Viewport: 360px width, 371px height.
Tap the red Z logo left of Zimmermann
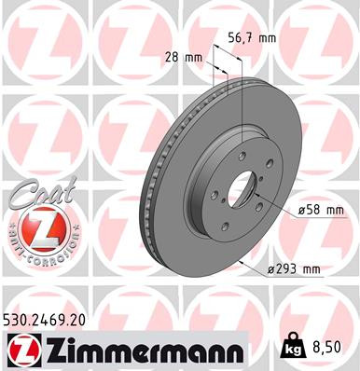coord(21,349)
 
